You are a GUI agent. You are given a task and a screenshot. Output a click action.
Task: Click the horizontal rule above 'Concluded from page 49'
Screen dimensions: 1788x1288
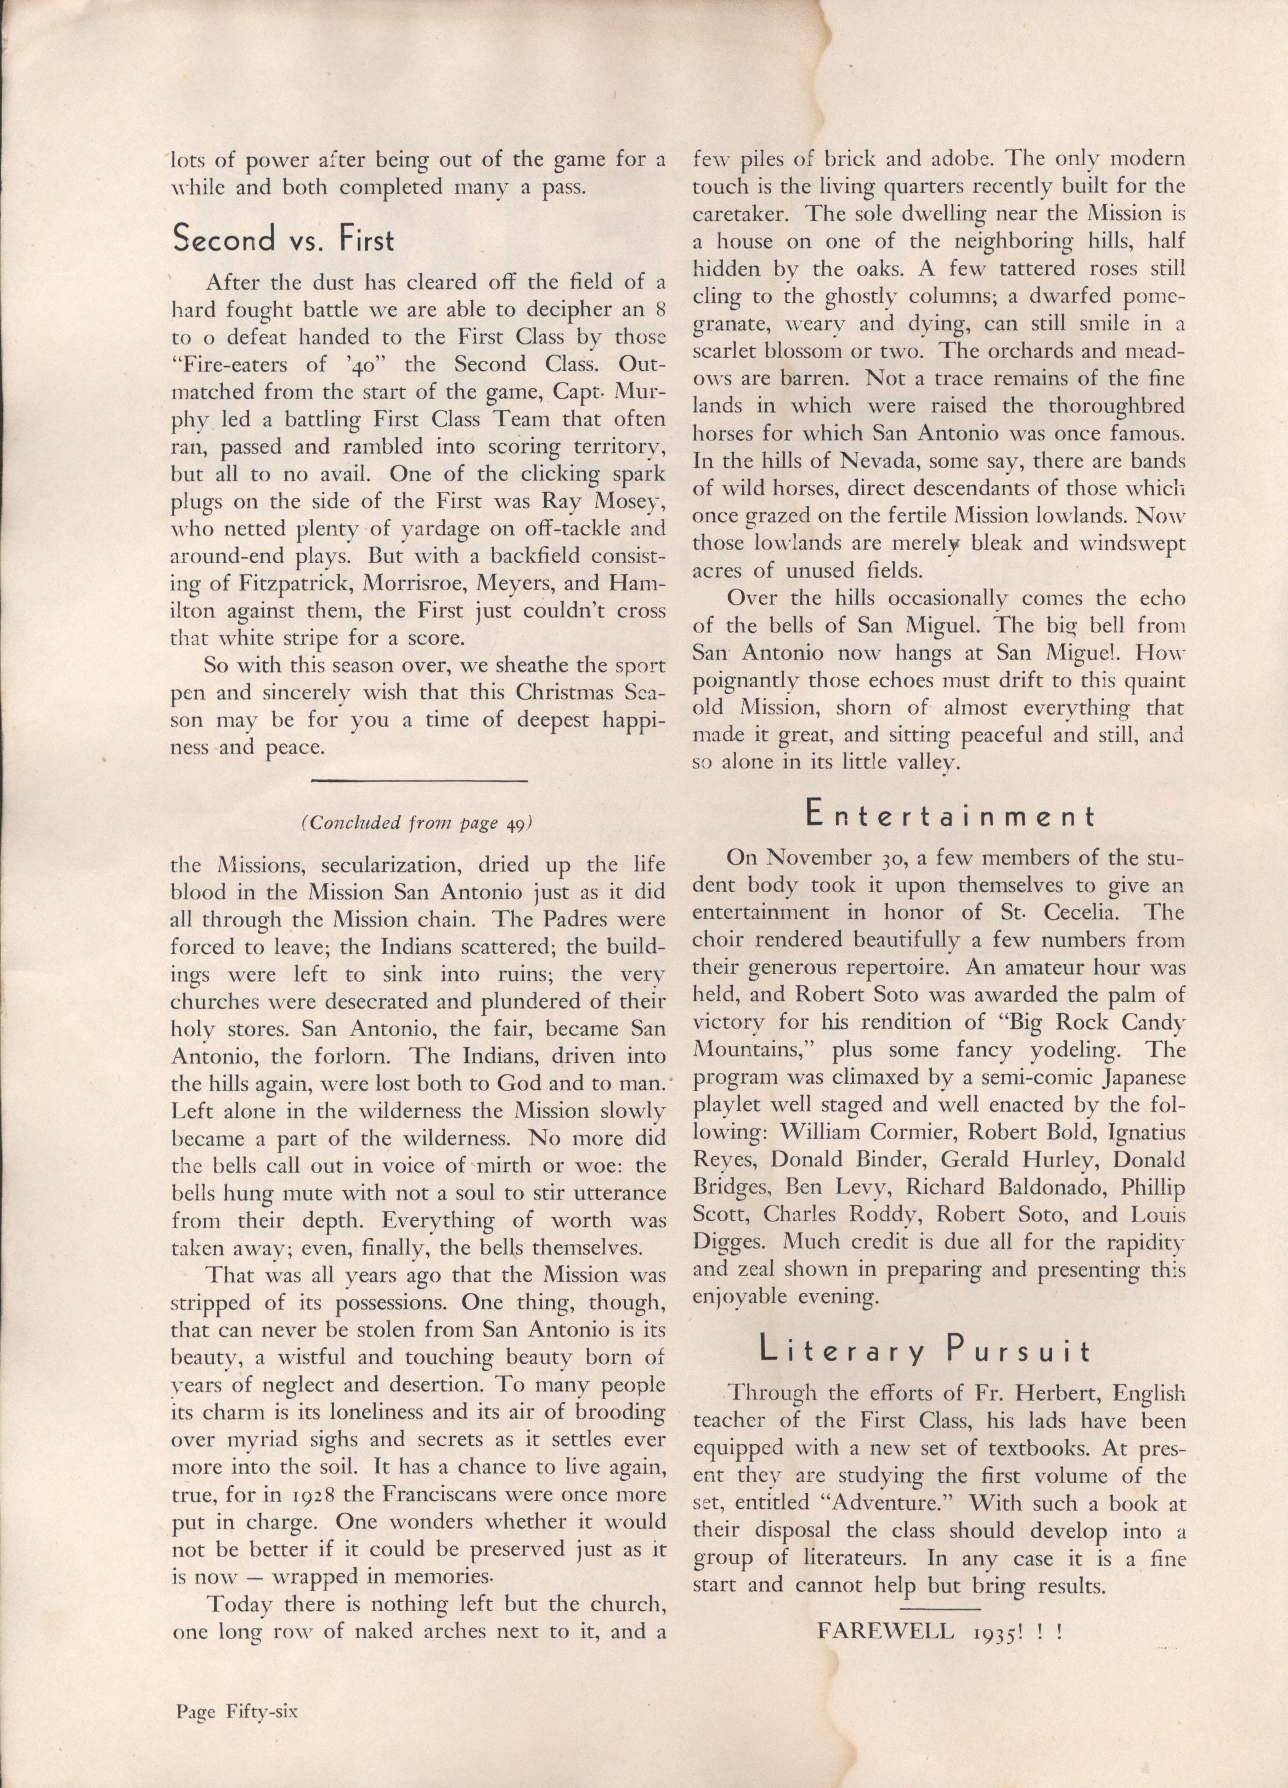click(x=419, y=780)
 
